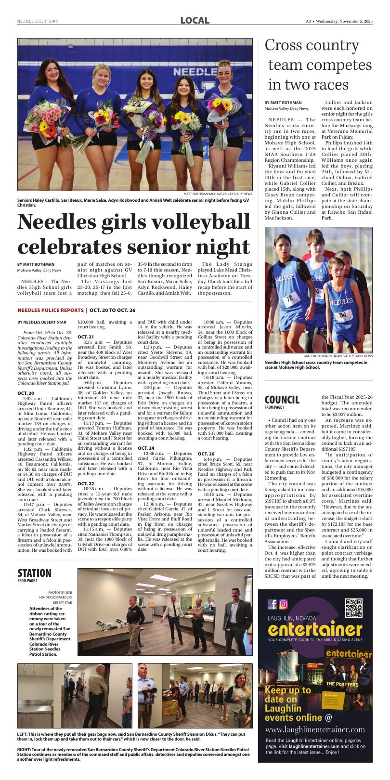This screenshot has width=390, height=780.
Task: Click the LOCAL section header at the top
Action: [195, 21]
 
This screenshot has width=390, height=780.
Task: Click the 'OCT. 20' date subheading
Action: [25, 393]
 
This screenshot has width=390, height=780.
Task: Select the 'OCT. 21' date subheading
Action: [85, 337]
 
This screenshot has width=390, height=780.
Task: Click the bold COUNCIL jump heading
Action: [282, 400]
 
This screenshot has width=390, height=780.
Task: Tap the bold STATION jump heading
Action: [34, 573]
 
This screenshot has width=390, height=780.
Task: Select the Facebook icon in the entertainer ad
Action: [273, 604]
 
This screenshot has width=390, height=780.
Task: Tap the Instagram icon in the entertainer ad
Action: [284, 604]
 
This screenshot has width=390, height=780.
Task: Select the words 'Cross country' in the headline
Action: [312, 46]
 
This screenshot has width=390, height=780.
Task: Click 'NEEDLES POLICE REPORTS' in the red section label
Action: [51, 310]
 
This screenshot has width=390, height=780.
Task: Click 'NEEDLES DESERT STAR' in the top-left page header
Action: [38, 21]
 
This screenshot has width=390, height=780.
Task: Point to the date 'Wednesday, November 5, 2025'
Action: [344, 21]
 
